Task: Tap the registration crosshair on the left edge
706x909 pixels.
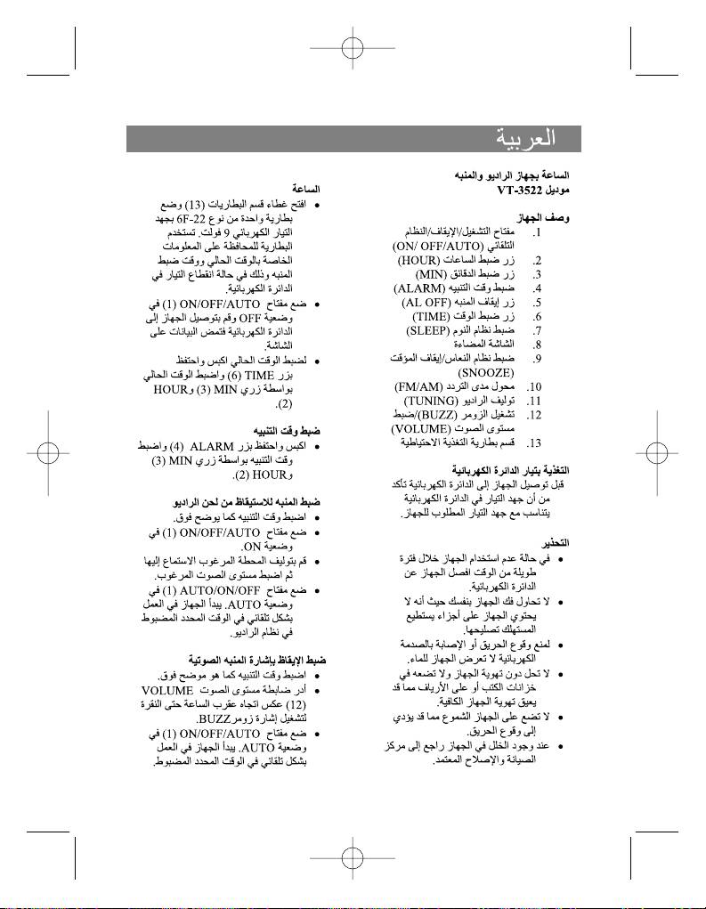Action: pyautogui.click(x=48, y=455)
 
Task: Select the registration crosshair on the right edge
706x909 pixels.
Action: pyautogui.click(x=658, y=455)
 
